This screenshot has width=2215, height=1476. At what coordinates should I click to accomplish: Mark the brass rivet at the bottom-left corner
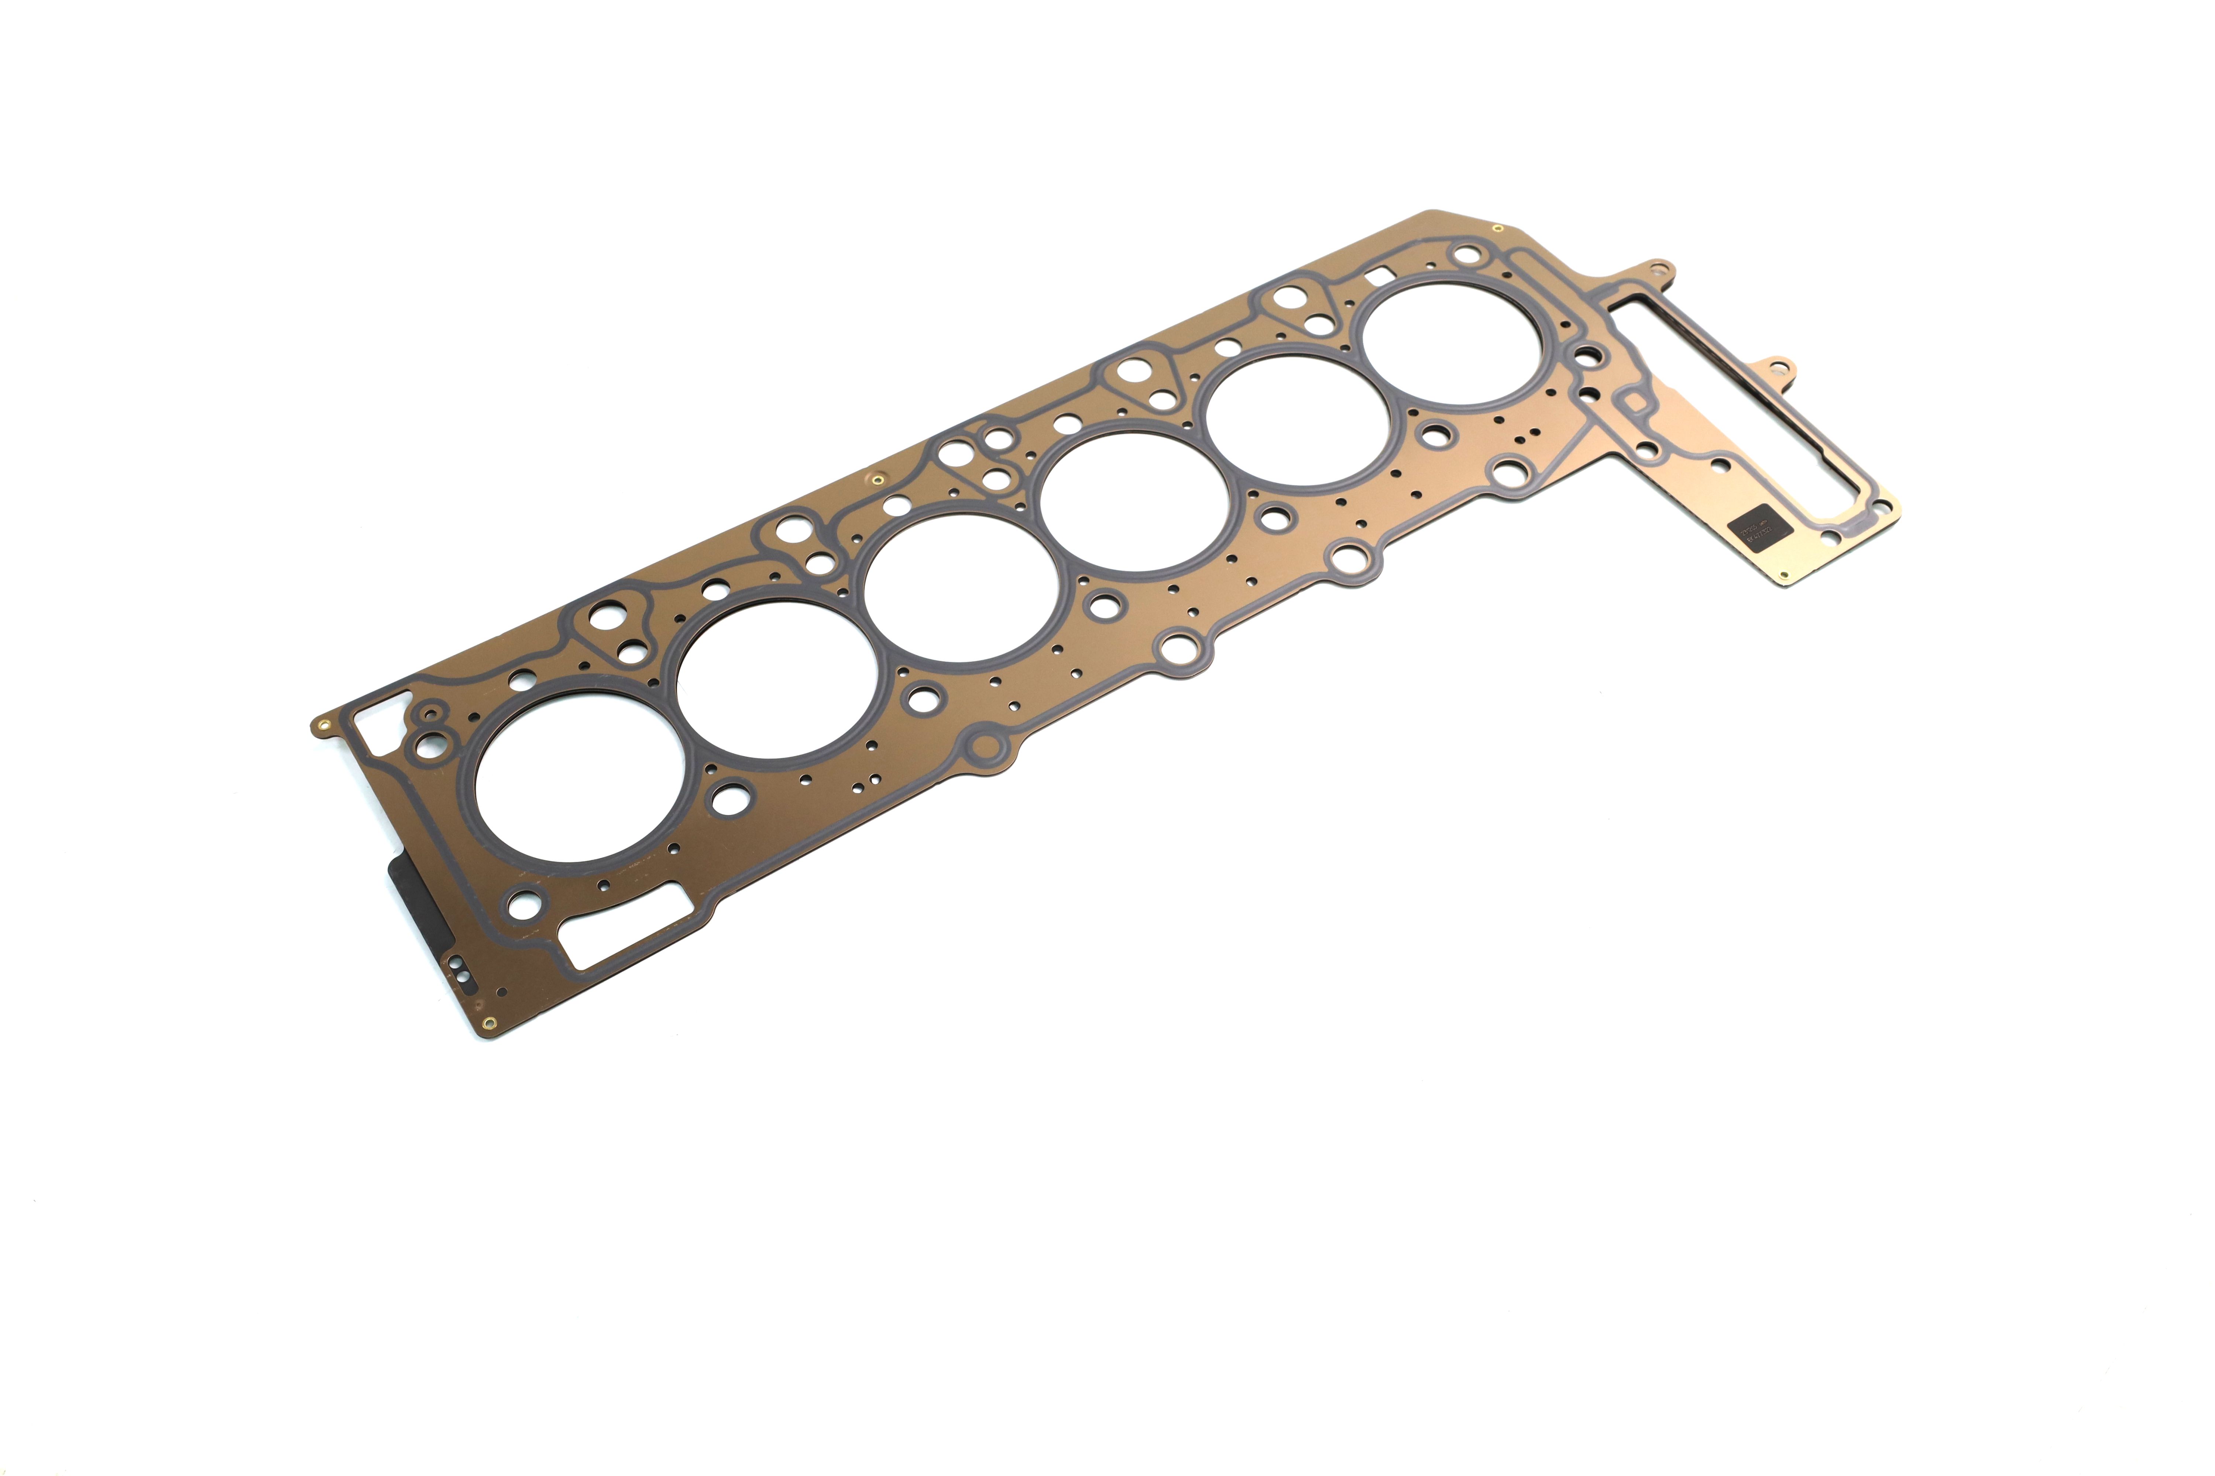[487, 1024]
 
